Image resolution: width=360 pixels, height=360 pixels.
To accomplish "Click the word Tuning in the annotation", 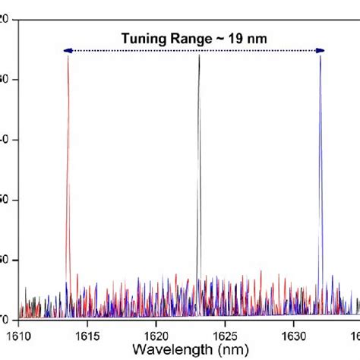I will (143, 37).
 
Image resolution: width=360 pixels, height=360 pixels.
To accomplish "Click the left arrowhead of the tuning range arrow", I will (68, 51).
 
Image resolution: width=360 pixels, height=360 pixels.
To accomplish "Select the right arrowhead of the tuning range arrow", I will (321, 51).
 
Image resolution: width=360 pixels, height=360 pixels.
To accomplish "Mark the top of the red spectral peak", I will (68, 58).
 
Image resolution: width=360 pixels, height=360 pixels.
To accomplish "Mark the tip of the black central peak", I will (199, 56).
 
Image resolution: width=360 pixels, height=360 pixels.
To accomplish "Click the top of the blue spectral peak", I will (320, 57).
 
